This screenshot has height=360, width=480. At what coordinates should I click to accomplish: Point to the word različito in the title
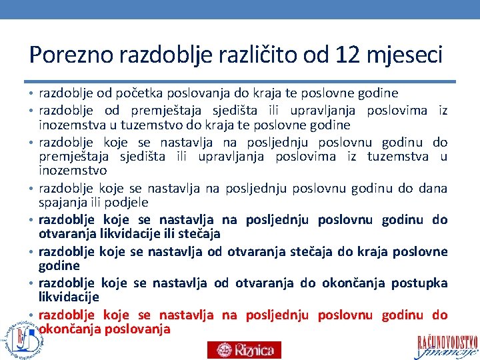(251, 55)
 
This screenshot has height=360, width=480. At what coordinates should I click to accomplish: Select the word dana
(433, 188)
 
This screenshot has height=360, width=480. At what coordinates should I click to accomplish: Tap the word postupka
(419, 283)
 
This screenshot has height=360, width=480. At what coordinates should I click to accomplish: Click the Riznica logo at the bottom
(244, 349)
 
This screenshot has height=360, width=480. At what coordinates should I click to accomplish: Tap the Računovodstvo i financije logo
(447, 342)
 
